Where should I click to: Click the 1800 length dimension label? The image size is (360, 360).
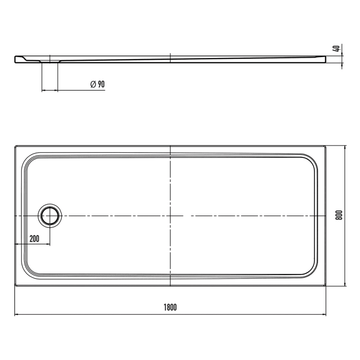coord(170,308)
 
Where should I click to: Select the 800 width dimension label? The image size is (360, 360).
coord(338,215)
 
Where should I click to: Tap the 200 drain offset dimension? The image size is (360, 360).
coord(35,238)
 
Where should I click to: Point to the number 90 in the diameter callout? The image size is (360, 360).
coord(101,84)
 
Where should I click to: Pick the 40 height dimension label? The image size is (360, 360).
coord(336,49)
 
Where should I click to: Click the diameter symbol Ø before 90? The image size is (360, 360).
coord(93,84)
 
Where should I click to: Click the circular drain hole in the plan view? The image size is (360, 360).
coord(50,215)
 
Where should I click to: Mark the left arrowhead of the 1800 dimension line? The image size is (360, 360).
coord(16,315)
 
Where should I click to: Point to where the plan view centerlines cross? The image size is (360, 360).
coord(170,215)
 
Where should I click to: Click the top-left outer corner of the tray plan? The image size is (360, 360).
coord(15,146)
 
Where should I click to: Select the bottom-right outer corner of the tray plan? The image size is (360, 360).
coord(326,286)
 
